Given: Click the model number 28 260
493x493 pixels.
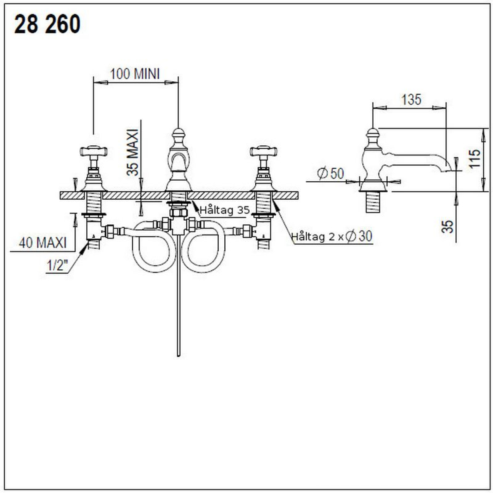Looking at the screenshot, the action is click(x=47, y=24).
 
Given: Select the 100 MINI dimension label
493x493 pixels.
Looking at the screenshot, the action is click(x=135, y=74).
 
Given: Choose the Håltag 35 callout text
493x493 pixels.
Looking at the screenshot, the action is click(x=225, y=210).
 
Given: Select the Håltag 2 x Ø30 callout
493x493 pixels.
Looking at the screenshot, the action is click(x=332, y=236).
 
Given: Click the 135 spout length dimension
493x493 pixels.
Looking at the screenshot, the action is click(x=411, y=100).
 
